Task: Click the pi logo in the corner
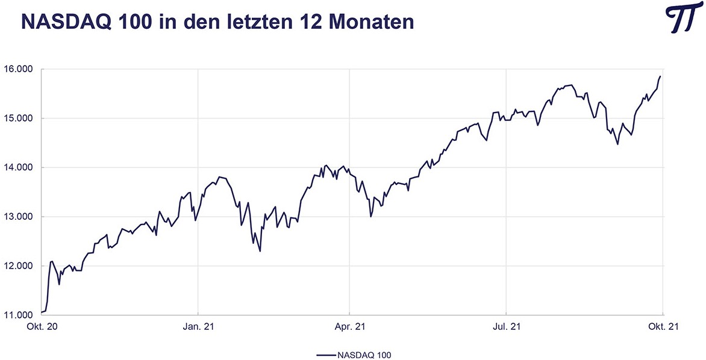(683, 21)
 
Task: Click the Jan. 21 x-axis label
(198, 327)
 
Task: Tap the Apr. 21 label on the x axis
(350, 327)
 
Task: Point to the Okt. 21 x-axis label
(663, 327)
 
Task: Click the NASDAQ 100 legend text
(365, 355)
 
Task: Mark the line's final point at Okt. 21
(661, 76)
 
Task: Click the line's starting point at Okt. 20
(41, 312)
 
